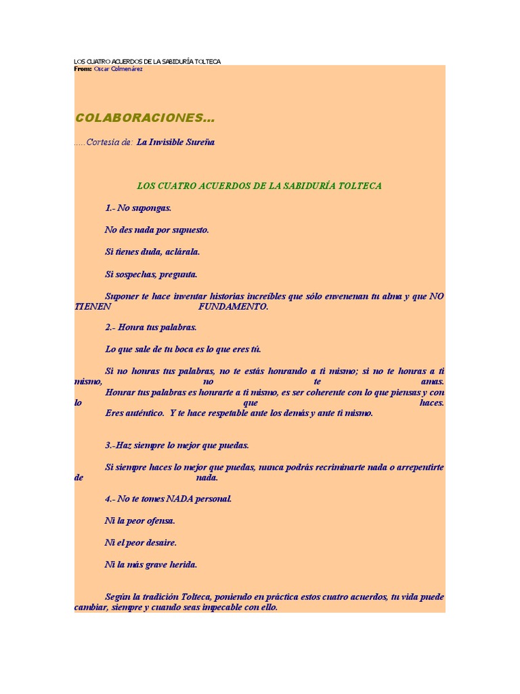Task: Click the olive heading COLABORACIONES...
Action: pos(145,119)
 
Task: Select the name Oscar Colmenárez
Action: pos(118,69)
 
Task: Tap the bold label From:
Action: pos(83,69)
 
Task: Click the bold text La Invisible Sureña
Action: pos(175,142)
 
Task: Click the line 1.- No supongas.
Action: pos(138,208)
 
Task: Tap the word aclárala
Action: pos(182,252)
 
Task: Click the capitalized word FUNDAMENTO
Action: pos(233,306)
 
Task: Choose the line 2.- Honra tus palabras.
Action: pos(150,327)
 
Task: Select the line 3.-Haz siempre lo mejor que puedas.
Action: pos(177,445)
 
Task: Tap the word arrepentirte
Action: pos(418,468)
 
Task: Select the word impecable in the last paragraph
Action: pos(221,608)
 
